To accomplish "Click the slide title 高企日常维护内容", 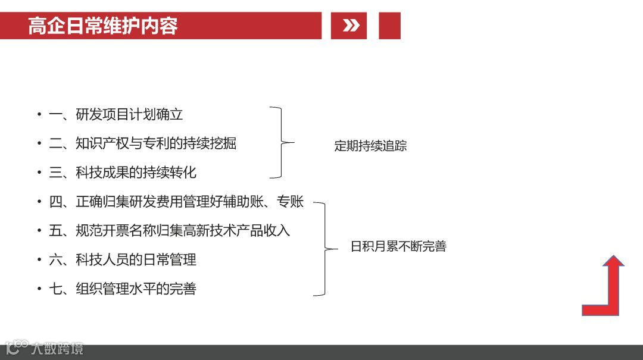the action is tap(102, 26).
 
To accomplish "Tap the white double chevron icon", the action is tap(351, 26).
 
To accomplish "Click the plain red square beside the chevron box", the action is tap(389, 26).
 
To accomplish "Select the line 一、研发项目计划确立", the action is tap(116, 114).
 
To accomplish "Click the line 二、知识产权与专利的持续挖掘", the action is tap(142, 143).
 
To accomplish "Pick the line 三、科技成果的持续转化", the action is tap(122, 173).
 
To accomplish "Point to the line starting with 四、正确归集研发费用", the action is tap(176, 202).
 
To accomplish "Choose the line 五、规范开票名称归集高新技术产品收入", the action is tap(169, 230).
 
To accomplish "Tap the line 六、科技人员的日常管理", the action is tap(122, 259).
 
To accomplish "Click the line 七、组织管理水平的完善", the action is tap(122, 289).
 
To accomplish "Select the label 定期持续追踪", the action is tap(370, 146).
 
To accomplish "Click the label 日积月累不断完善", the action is tap(398, 246).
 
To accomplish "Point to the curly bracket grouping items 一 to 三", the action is tap(282, 143).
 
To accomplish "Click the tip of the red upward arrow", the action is tap(613, 258).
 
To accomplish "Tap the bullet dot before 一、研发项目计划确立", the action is tap(39, 115).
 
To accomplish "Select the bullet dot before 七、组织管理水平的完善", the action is tap(39, 289).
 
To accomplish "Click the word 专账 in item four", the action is tap(291, 202).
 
